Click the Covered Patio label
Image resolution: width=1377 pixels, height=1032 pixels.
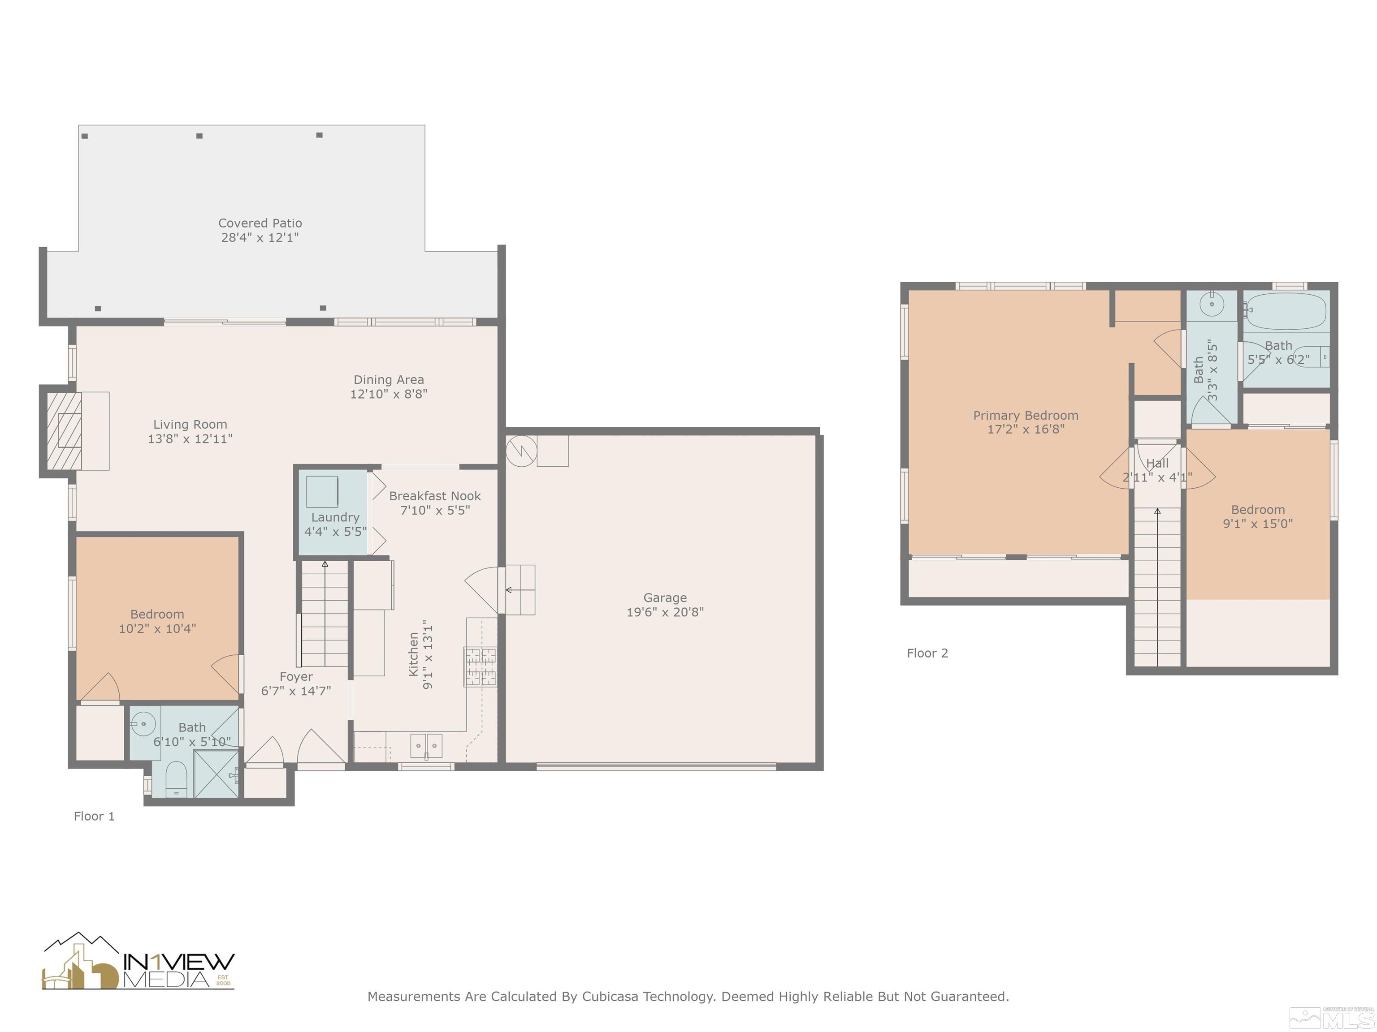pos(260,223)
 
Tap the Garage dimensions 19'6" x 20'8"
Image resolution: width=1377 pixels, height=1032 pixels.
pos(665,612)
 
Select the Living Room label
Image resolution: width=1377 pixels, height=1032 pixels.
pos(190,424)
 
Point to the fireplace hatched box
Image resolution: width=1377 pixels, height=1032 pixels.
pos(64,430)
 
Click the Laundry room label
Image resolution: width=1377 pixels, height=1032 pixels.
pos(335,517)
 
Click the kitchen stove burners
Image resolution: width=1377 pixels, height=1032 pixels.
pos(480,667)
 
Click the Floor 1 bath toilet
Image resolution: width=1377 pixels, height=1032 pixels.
pos(176,779)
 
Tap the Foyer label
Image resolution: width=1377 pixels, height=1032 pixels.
pos(296,677)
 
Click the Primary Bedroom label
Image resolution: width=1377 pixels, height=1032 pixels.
pos(1025,416)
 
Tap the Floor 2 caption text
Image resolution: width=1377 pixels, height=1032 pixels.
pos(927,653)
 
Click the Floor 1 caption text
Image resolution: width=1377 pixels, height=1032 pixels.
pos(94,816)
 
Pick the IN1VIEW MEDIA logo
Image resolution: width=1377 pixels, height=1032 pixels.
pos(138,961)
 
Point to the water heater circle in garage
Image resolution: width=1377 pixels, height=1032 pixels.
pos(522,450)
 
